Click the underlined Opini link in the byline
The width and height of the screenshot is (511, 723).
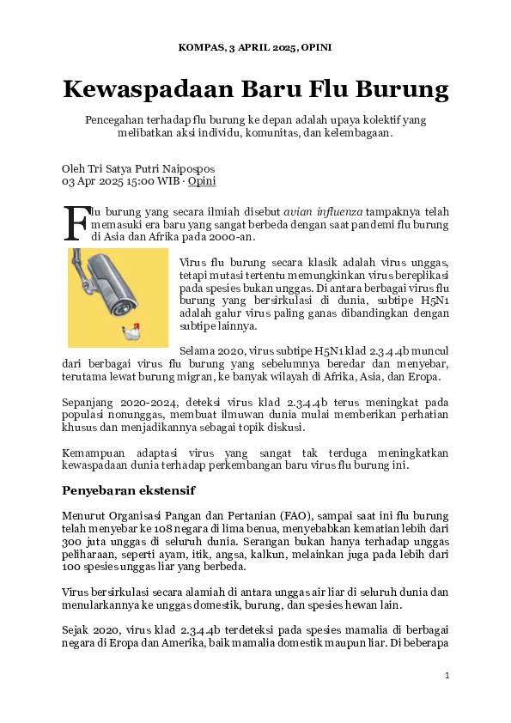click(202, 181)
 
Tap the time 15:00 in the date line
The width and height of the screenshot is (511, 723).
click(123, 181)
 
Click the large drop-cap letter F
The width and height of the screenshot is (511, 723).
click(76, 222)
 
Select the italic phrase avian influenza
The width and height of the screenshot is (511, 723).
click(324, 211)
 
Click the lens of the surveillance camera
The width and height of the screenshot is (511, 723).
click(128, 305)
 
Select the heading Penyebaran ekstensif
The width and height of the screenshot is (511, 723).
click(129, 490)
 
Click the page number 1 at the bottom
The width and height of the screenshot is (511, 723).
click(447, 676)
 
